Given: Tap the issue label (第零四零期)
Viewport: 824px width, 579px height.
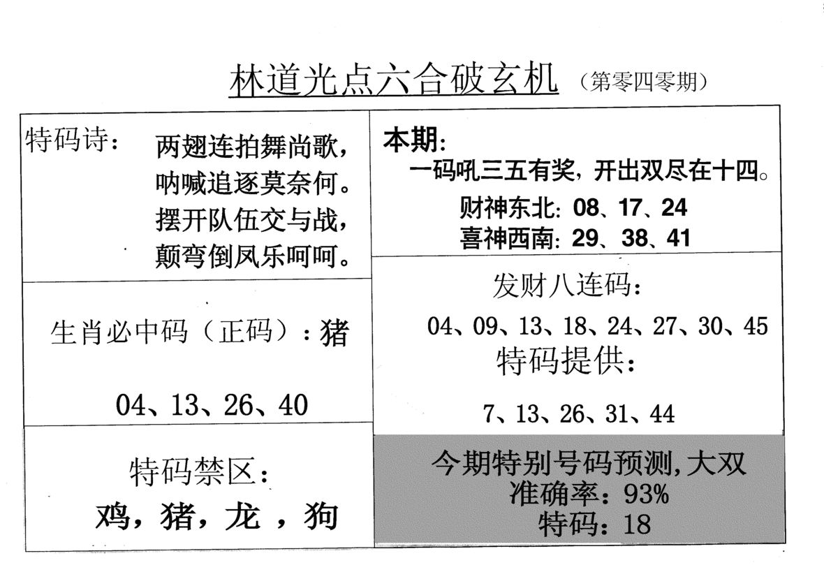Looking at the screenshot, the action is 644,82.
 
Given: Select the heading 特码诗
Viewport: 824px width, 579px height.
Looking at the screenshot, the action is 66,140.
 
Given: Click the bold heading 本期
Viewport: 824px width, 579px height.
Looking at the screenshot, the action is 411,141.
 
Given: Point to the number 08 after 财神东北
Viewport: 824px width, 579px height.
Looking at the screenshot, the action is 586,207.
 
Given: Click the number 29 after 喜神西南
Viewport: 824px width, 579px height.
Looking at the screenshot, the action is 585,238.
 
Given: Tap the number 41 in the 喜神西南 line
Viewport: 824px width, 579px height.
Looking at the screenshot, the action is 678,238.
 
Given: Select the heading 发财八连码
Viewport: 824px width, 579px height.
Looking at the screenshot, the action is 561,285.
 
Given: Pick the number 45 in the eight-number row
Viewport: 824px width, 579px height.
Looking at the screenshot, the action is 756,326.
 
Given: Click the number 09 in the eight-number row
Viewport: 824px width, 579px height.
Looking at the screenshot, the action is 485,326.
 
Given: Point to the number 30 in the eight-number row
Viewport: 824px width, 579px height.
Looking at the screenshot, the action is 710,326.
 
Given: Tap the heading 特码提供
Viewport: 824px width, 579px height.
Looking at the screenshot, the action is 560,362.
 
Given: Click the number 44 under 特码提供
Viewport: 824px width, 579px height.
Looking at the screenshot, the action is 662,414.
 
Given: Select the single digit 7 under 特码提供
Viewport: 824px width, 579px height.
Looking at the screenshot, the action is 489,414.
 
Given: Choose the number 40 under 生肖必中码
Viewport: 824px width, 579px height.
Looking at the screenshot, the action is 293,405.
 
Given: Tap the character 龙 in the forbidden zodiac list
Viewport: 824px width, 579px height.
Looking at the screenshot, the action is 242,515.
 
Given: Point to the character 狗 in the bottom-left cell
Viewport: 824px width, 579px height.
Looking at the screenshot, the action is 321,515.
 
